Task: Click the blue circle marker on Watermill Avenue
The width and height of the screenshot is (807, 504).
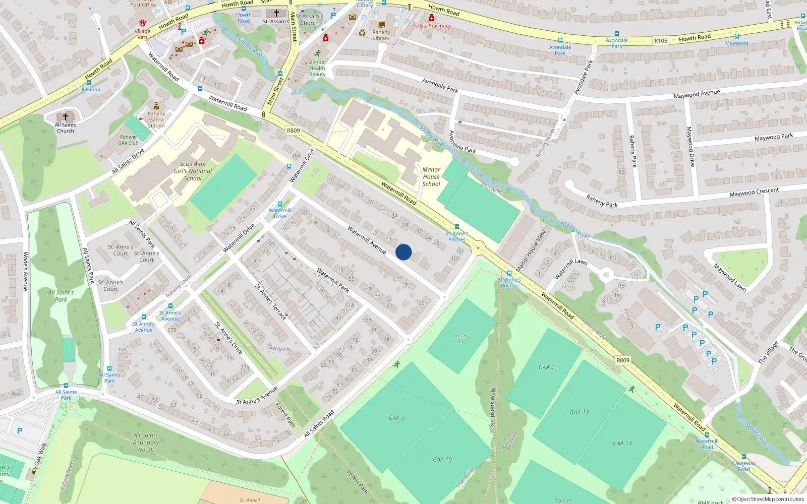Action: point(403,252)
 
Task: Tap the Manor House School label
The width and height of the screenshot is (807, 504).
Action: point(431,177)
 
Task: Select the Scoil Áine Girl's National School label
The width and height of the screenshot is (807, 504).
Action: point(193,171)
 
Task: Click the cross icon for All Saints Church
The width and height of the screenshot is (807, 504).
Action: point(65,117)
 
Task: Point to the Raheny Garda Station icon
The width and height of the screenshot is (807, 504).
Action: point(156,106)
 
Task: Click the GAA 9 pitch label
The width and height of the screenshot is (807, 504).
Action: point(396,418)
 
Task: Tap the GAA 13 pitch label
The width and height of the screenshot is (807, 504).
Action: point(579,412)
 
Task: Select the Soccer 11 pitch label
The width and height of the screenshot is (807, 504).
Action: point(460,338)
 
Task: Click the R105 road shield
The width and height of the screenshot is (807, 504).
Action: point(660,40)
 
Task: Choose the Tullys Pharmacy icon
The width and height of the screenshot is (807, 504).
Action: point(432,18)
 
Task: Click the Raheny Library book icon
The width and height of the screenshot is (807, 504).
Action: point(381,24)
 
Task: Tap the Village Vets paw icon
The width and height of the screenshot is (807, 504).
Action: point(143,23)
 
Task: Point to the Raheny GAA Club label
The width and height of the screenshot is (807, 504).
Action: point(128,140)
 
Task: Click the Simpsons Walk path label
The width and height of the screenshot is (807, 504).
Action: point(492,407)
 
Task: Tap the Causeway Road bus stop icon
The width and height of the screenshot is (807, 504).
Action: point(743,457)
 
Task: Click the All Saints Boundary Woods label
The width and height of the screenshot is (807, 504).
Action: point(146,443)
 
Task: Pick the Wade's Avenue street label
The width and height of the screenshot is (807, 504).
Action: point(25,272)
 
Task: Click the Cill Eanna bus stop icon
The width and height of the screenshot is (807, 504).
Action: point(89,83)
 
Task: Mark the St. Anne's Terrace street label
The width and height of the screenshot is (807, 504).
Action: point(270,302)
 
